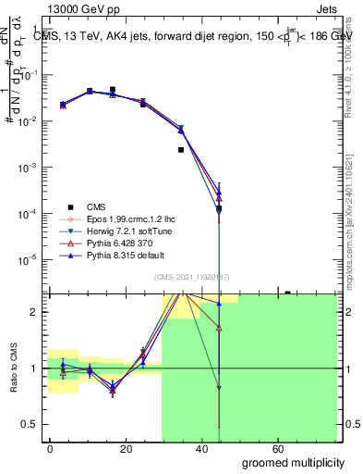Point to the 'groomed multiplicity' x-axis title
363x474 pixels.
(x=293, y=462)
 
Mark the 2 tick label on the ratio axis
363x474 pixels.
(x=35, y=312)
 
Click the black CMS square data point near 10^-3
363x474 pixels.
(x=181, y=150)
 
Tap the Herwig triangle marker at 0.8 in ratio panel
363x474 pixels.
(x=219, y=389)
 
